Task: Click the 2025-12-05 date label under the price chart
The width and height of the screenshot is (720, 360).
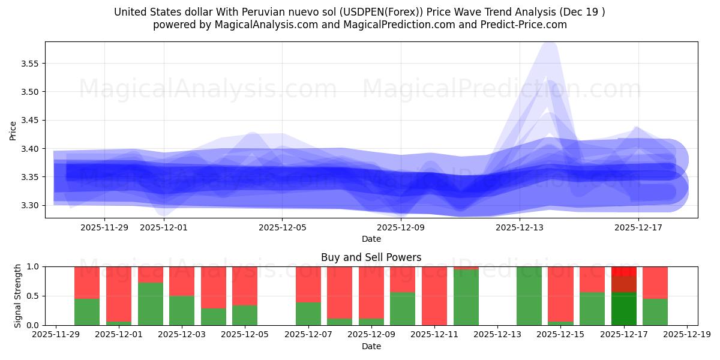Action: (282, 228)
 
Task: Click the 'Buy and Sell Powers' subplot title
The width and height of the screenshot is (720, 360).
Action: (371, 257)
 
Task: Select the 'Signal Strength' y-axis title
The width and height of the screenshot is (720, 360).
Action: (17, 296)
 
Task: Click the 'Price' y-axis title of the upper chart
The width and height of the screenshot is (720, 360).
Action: (13, 130)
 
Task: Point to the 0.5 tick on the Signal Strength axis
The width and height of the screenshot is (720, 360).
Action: (34, 296)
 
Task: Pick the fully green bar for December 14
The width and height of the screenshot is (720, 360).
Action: (529, 296)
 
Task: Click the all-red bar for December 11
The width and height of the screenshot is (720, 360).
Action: (434, 296)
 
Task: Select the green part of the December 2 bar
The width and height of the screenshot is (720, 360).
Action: (150, 304)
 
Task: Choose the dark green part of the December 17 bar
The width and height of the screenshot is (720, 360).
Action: (623, 309)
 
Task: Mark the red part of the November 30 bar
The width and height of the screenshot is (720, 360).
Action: (87, 282)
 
